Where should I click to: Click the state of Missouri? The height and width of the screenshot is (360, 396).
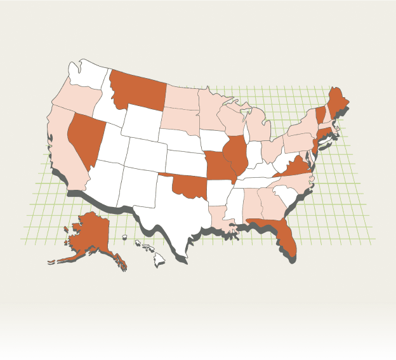218,167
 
